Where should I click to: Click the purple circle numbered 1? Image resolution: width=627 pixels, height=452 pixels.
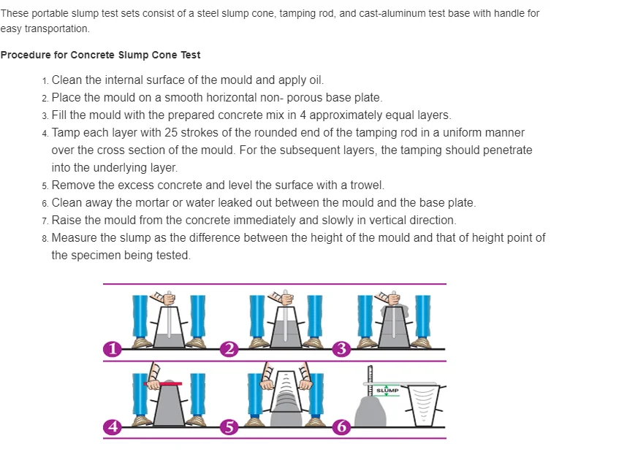tap(112, 349)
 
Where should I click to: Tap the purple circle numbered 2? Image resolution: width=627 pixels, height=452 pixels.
tap(229, 349)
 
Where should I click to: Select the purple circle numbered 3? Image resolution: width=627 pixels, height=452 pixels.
tap(341, 349)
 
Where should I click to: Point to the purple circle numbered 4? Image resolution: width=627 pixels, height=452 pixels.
tap(112, 427)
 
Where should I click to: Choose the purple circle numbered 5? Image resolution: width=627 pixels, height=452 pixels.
tap(229, 427)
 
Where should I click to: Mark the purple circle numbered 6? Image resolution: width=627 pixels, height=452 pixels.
tap(341, 427)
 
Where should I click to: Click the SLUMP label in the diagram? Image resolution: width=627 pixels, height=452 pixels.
tap(387, 390)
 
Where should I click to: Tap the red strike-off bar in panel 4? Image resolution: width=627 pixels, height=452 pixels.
tap(164, 383)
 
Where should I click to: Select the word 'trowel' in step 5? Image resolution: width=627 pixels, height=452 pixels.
tap(366, 185)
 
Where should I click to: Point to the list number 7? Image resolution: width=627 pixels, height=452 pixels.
tap(45, 221)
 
